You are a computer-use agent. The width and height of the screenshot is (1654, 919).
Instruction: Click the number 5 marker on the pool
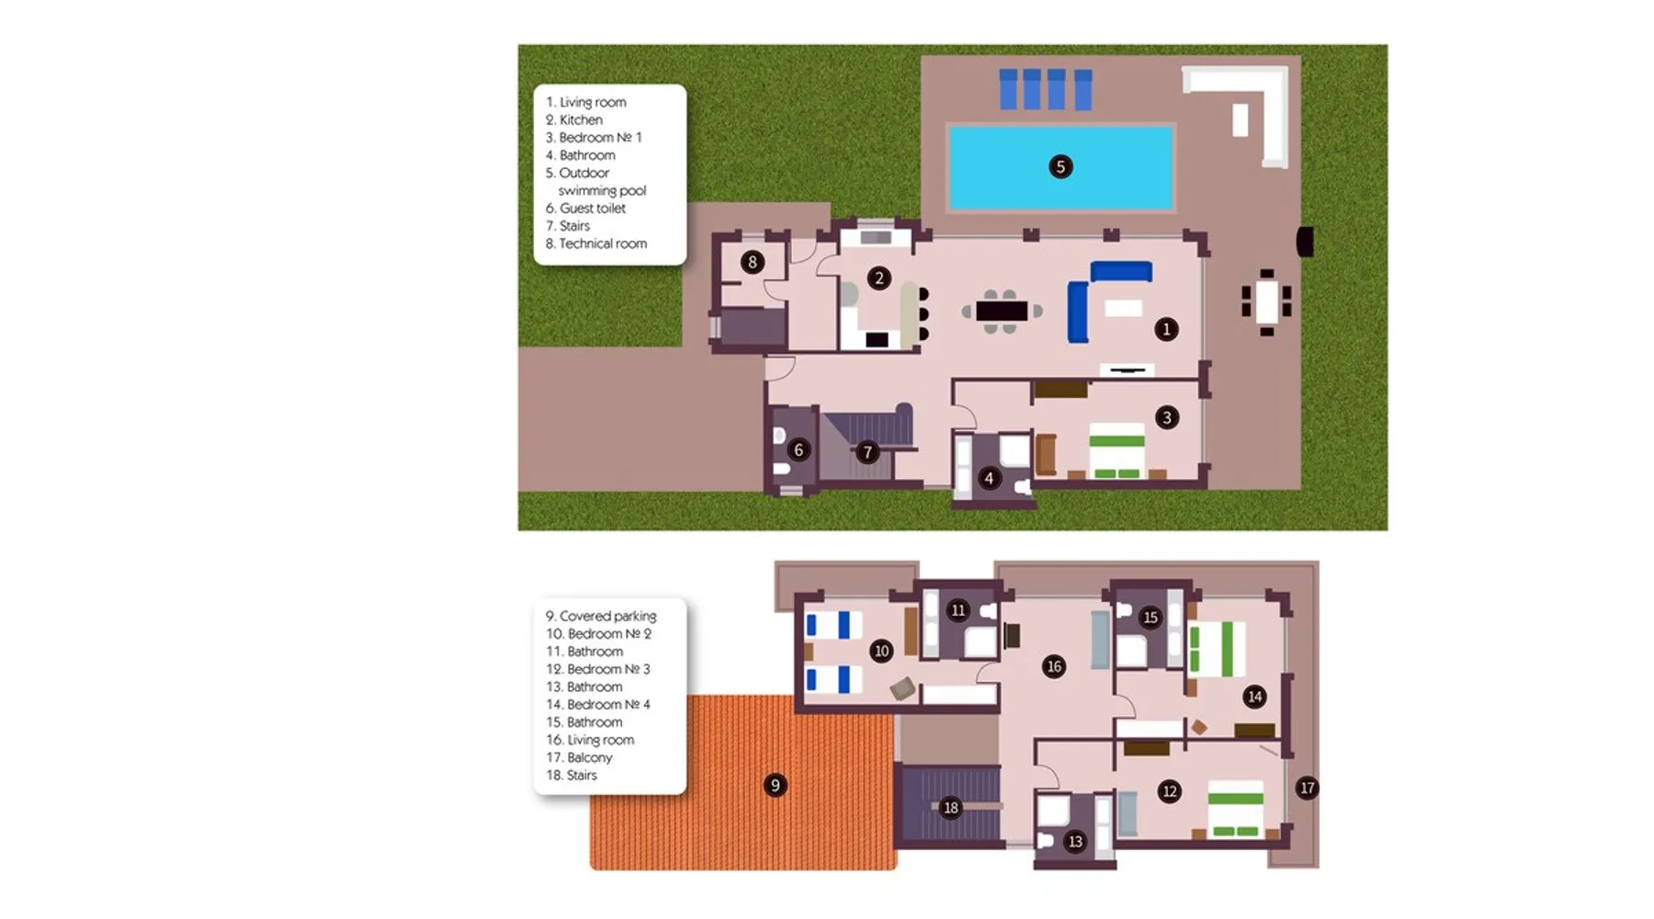pos(1060,166)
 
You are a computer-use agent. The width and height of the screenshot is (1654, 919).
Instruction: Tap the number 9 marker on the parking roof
pos(775,785)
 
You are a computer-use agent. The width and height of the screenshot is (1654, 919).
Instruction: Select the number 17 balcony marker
pos(1307,788)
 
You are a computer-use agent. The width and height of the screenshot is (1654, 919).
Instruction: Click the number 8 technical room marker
pos(753,262)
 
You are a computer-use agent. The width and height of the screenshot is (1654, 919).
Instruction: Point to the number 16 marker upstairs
pos(1054,666)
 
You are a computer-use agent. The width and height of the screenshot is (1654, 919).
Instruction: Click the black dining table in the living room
pos(1002,311)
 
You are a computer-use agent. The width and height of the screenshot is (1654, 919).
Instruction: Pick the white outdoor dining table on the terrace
pos(1267,301)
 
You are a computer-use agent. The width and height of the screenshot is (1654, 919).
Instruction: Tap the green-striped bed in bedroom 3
pos(1116,451)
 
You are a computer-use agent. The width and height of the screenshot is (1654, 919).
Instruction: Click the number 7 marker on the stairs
pos(867,452)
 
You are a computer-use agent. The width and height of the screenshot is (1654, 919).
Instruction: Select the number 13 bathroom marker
pos(1075,841)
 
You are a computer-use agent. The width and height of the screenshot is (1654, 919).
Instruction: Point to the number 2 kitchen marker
pos(879,278)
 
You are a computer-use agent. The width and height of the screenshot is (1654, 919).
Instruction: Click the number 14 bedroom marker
pos(1254,697)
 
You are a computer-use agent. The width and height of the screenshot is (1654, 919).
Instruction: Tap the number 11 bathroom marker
pos(958,610)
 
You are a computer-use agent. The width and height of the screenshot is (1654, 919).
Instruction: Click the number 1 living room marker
pos(1166,329)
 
